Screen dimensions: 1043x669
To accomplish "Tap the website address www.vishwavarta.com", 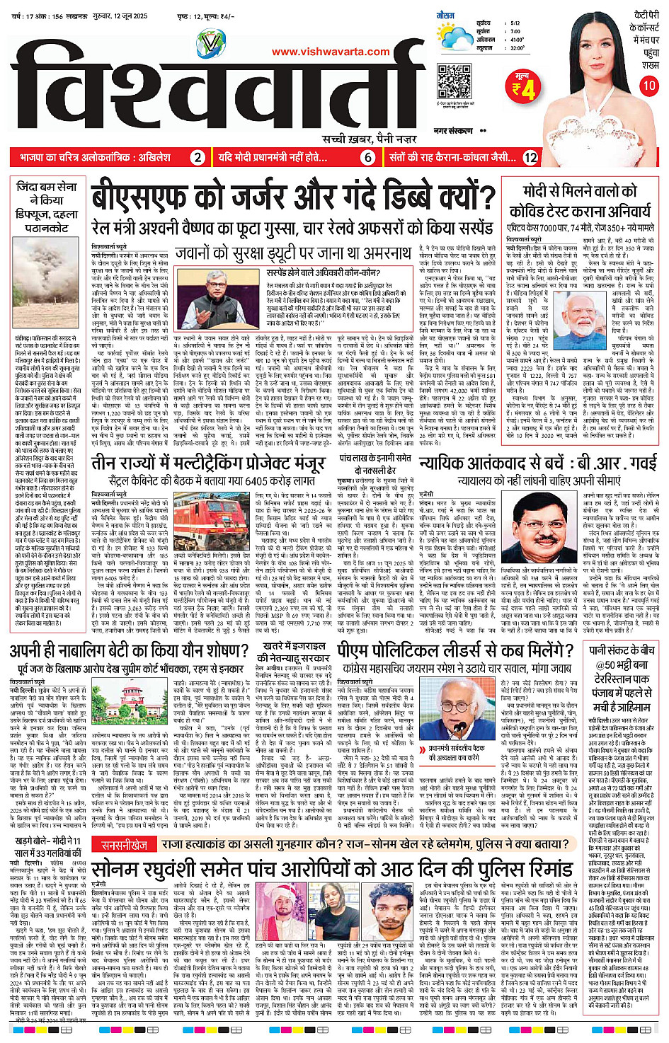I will [x=331, y=51].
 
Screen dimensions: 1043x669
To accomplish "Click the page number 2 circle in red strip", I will [x=198, y=158].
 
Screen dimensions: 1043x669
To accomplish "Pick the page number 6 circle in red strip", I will [x=368, y=158].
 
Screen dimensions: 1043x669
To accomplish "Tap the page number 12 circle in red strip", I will [x=530, y=158].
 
